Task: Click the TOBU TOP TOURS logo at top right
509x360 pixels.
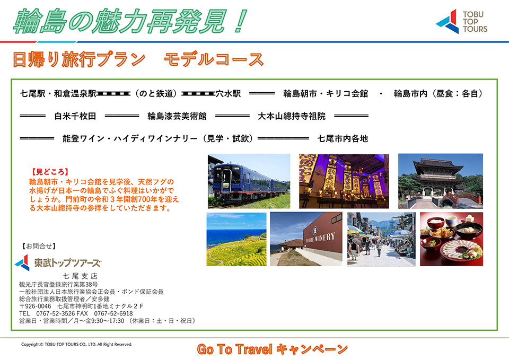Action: click(461, 21)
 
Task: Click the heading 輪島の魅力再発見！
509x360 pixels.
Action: click(130, 21)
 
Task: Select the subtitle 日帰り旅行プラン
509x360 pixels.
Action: click(79, 59)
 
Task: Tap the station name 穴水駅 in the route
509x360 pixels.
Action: click(229, 94)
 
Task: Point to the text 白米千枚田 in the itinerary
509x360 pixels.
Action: click(75, 116)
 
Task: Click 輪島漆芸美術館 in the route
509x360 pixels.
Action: click(177, 116)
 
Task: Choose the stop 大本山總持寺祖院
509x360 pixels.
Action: click(292, 116)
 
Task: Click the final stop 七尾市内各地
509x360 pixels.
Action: click(343, 139)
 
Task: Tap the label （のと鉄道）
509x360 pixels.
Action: click(156, 94)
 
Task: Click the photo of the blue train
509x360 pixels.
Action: click(249, 181)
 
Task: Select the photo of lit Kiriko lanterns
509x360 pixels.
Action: click(344, 181)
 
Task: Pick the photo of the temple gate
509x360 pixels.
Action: click(441, 181)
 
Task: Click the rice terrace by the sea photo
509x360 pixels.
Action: click(236, 239)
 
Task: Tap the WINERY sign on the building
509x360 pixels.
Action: click(320, 237)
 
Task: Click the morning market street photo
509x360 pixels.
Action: click(381, 239)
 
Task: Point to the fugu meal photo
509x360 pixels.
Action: click(452, 239)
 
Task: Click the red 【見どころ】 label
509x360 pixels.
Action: click(50, 172)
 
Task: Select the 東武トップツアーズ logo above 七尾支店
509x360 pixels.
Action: click(58, 262)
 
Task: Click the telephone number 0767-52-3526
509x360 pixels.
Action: click(56, 313)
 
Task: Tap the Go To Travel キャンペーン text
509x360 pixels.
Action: click(272, 349)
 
